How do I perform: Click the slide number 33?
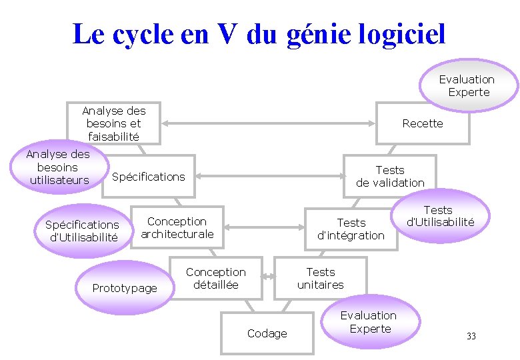pyautogui.click(x=471, y=336)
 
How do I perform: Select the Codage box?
pyautogui.click(x=267, y=333)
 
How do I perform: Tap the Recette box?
pyautogui.click(x=423, y=123)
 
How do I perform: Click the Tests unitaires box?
pyautogui.click(x=321, y=278)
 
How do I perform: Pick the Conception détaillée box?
pyautogui.click(x=216, y=278)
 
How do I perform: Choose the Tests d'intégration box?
pyautogui.click(x=351, y=229)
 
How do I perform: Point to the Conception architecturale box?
pyautogui.click(x=177, y=227)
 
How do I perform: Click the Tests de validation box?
pyautogui.click(x=390, y=176)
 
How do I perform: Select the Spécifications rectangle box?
pyautogui.click(x=149, y=177)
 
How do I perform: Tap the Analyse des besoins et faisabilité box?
pyautogui.click(x=113, y=123)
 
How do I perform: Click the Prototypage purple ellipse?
pyautogui.click(x=125, y=288)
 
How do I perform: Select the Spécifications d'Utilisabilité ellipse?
pyautogui.click(x=81, y=231)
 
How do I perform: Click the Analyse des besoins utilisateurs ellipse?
pyautogui.click(x=58, y=167)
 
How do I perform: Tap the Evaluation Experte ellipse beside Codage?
pyautogui.click(x=369, y=322)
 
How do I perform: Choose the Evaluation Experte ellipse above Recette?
pyautogui.click(x=468, y=85)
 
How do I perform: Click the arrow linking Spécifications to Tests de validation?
pyautogui.click(x=269, y=177)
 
